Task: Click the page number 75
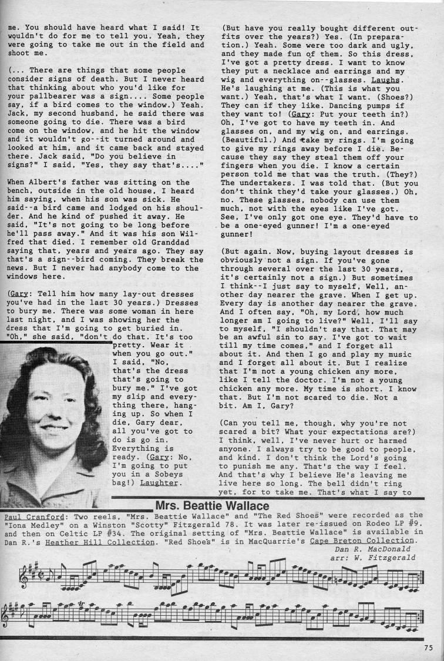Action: coord(428,647)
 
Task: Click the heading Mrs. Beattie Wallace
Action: coord(212,505)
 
